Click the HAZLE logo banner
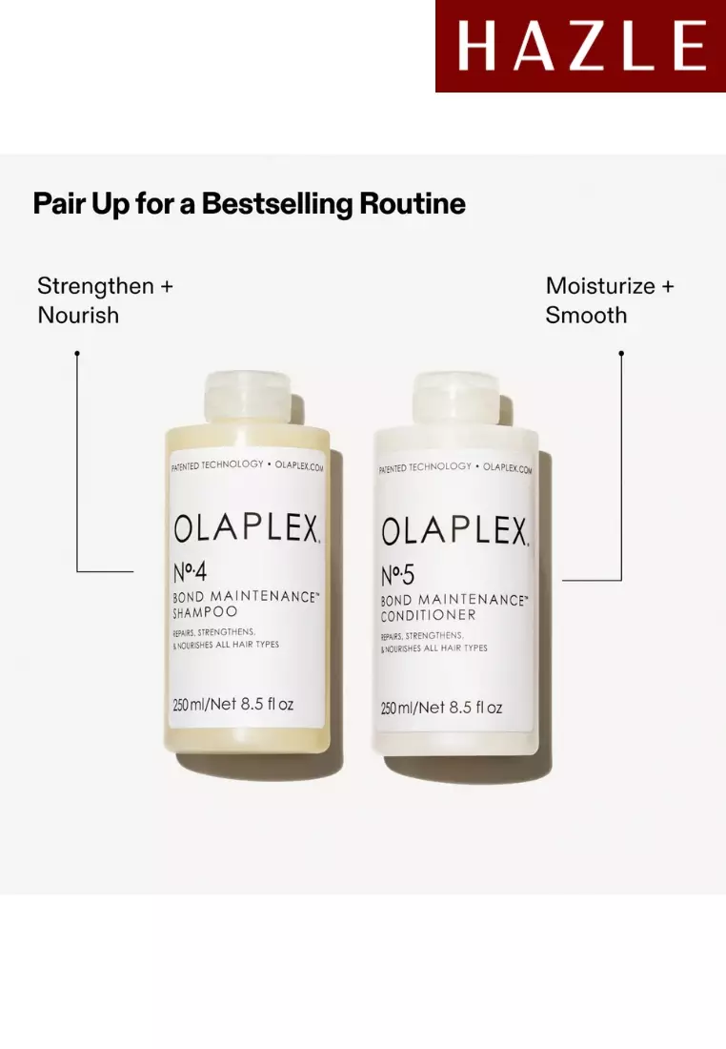point(580,46)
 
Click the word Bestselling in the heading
point(276,204)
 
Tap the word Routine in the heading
point(412,203)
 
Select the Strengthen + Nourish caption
point(105,300)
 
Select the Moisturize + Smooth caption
point(610,300)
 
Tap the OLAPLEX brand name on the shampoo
point(247,528)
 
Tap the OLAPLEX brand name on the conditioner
point(454,531)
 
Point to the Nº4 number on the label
point(190,572)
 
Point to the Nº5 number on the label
point(397,575)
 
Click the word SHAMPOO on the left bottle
point(205,611)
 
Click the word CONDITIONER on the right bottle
point(429,615)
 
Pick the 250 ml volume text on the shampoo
point(233,704)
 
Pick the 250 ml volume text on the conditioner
point(441,708)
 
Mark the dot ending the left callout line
point(77,353)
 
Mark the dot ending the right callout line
point(621,353)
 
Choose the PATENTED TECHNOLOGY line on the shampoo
point(217,465)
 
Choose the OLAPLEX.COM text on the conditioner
point(508,467)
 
